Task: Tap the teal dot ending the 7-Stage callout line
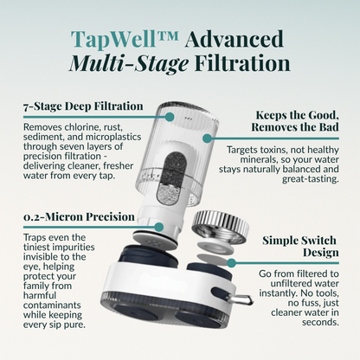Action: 170,115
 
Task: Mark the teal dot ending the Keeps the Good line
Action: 207,136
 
